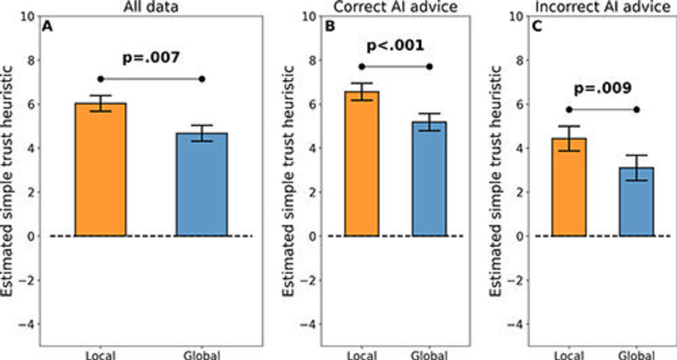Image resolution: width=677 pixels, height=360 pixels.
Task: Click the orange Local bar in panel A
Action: [101, 169]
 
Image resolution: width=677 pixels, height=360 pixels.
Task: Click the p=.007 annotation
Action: [152, 58]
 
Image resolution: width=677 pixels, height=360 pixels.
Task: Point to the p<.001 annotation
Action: [396, 46]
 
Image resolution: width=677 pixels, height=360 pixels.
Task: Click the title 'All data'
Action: [151, 6]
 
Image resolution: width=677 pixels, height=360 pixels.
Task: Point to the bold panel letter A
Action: [47, 28]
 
